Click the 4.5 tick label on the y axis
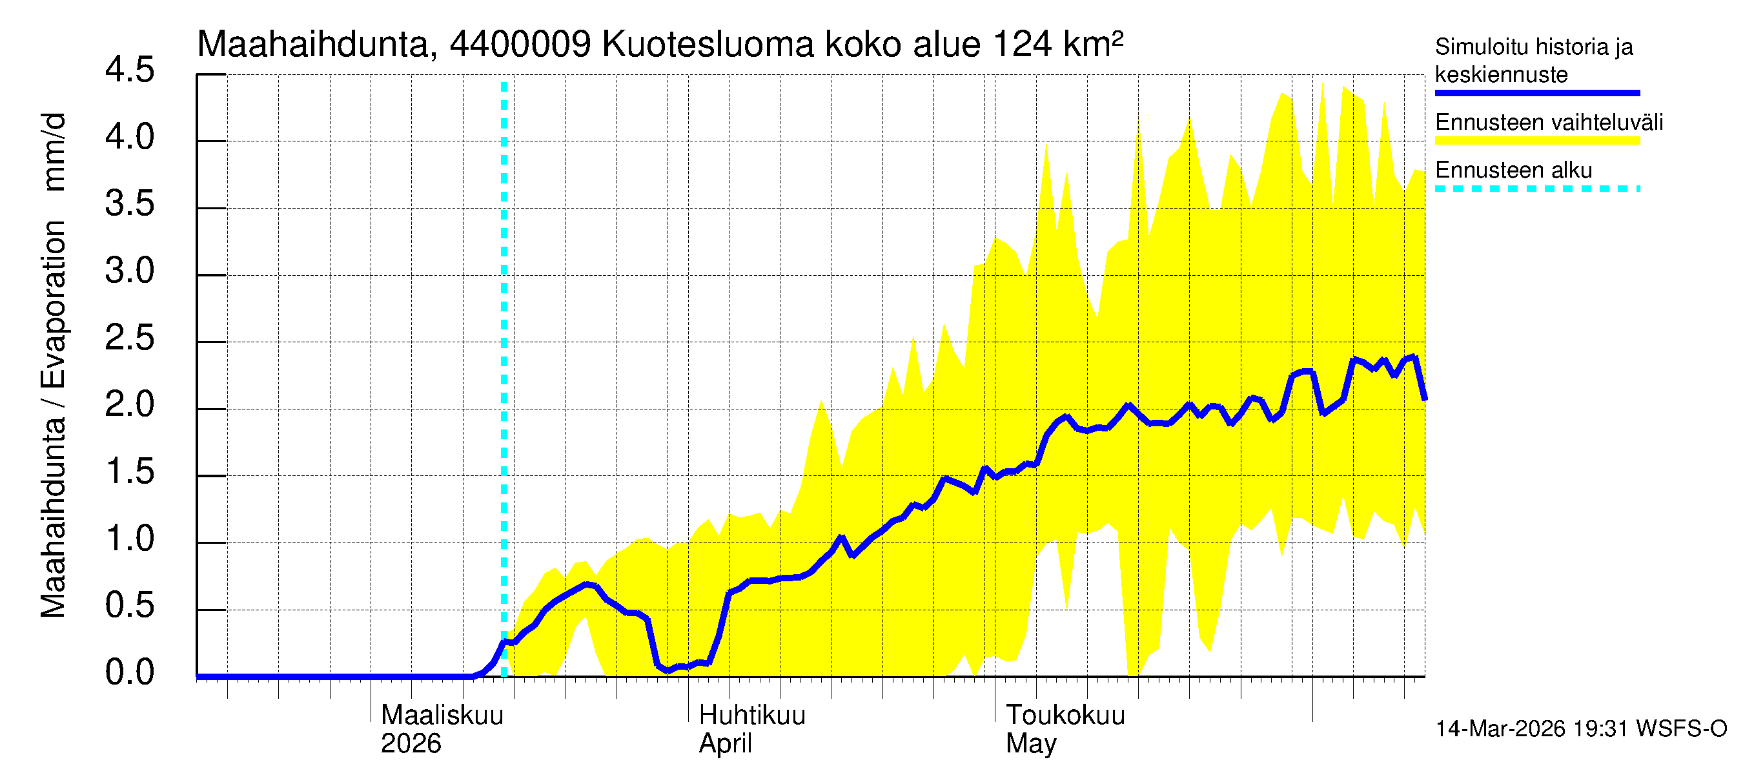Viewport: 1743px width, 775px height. click(x=129, y=70)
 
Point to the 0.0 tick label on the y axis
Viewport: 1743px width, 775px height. click(x=129, y=673)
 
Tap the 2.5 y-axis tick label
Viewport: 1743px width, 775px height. click(x=129, y=338)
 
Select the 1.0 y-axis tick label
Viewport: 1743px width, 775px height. click(x=129, y=539)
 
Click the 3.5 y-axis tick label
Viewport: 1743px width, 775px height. click(x=129, y=205)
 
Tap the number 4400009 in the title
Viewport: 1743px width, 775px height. click(x=520, y=45)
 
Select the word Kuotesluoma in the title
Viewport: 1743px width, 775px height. click(x=708, y=45)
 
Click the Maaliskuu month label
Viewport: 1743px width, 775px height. click(x=442, y=716)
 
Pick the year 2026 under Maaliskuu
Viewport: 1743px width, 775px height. click(x=411, y=744)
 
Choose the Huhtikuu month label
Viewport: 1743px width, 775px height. click(x=751, y=716)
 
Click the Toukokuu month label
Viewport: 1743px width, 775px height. click(x=1065, y=716)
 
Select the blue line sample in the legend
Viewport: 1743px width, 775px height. click(x=1536, y=94)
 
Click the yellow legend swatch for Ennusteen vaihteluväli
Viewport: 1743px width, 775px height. click(x=1536, y=141)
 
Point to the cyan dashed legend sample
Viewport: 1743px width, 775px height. click(x=1536, y=189)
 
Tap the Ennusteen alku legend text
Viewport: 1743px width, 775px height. click(x=1514, y=170)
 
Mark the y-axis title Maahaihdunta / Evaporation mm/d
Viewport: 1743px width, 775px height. click(x=54, y=366)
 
